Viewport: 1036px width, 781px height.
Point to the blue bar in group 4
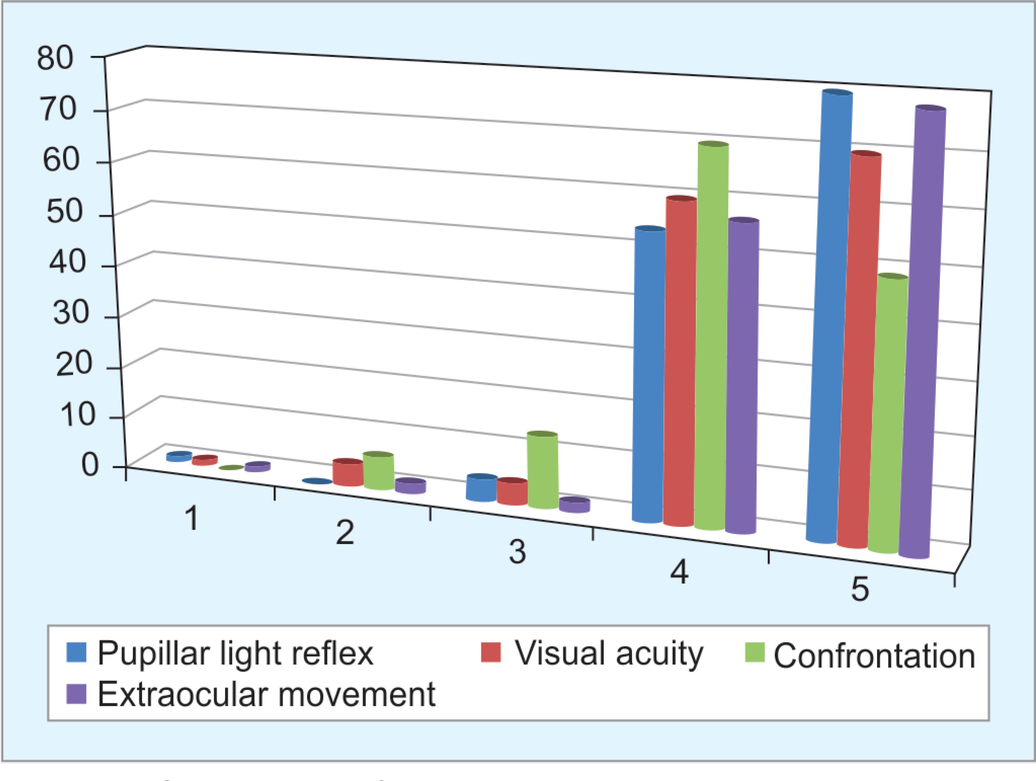coord(649,374)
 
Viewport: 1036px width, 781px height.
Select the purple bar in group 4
coord(742,376)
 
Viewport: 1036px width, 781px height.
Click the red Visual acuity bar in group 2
coord(348,472)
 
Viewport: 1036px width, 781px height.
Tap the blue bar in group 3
coord(482,488)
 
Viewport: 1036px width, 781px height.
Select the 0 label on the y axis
coord(90,465)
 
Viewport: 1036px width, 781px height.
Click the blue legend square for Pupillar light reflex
coord(76,652)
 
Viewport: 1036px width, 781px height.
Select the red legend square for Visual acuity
coord(491,652)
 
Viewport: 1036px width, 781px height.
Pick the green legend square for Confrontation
coord(754,652)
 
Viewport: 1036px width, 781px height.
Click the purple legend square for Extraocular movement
coord(76,693)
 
